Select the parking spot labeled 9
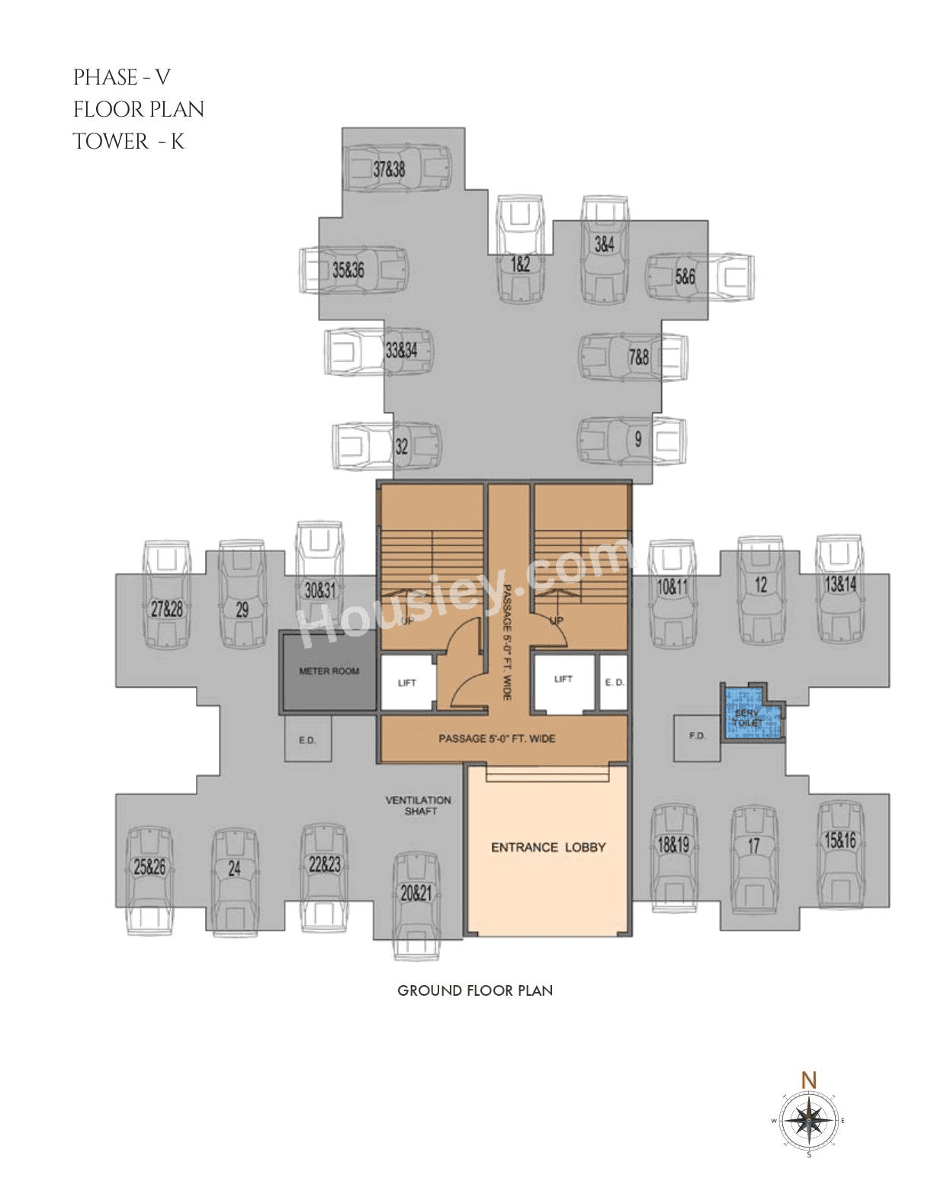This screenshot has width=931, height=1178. click(631, 440)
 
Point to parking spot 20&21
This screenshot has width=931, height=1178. click(416, 904)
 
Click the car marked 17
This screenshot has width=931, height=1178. click(753, 857)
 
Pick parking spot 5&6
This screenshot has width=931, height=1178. click(699, 275)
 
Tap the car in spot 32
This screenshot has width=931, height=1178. click(387, 446)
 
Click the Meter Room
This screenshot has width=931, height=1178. click(329, 672)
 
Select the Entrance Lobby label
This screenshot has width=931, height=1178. click(548, 847)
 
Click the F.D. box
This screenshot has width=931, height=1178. click(697, 737)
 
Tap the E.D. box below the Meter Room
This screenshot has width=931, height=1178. click(307, 739)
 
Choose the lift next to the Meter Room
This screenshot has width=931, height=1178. click(407, 683)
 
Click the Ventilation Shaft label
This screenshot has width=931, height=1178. click(419, 805)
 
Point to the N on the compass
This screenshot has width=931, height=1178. click(809, 1080)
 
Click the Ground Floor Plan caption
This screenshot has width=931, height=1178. click(475, 990)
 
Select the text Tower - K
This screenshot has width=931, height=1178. click(128, 142)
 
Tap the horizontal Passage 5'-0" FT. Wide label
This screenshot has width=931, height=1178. click(496, 738)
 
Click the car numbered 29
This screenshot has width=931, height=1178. click(242, 595)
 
